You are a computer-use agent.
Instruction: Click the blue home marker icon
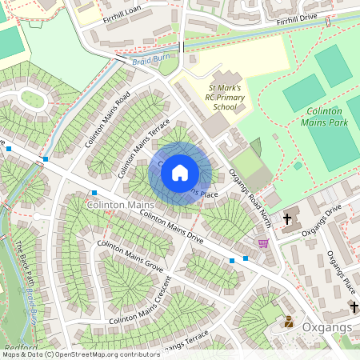(x=180, y=173)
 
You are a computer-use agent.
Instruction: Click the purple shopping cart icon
(x=263, y=243)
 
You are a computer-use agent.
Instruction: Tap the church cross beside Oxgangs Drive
(x=286, y=218)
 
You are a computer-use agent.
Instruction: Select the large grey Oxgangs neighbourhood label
(x=326, y=328)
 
